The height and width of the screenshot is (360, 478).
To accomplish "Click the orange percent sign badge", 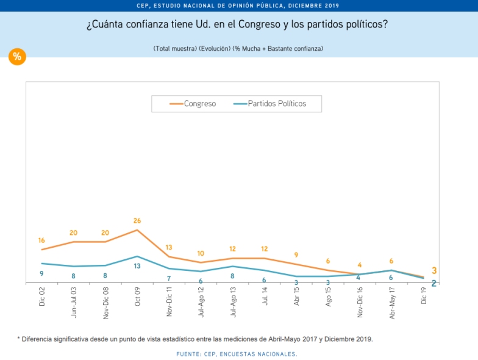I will [x=17, y=57].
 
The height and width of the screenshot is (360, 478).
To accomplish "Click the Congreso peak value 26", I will [x=137, y=221].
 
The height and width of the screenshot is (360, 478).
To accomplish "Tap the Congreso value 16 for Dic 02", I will [x=41, y=240].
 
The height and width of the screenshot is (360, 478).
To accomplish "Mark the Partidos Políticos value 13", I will [x=137, y=266].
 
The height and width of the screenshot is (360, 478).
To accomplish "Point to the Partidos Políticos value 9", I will [x=41, y=273].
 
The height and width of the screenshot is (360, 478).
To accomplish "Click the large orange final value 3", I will [x=434, y=270].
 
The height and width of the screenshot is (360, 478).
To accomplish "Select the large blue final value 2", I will [x=434, y=283].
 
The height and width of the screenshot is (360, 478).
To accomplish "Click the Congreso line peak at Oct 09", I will [x=137, y=230].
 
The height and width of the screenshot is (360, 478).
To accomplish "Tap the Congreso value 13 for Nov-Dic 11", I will [x=169, y=247].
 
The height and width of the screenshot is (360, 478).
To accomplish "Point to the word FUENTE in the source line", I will [x=188, y=354].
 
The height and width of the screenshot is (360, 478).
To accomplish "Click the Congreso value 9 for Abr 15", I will [x=296, y=255].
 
